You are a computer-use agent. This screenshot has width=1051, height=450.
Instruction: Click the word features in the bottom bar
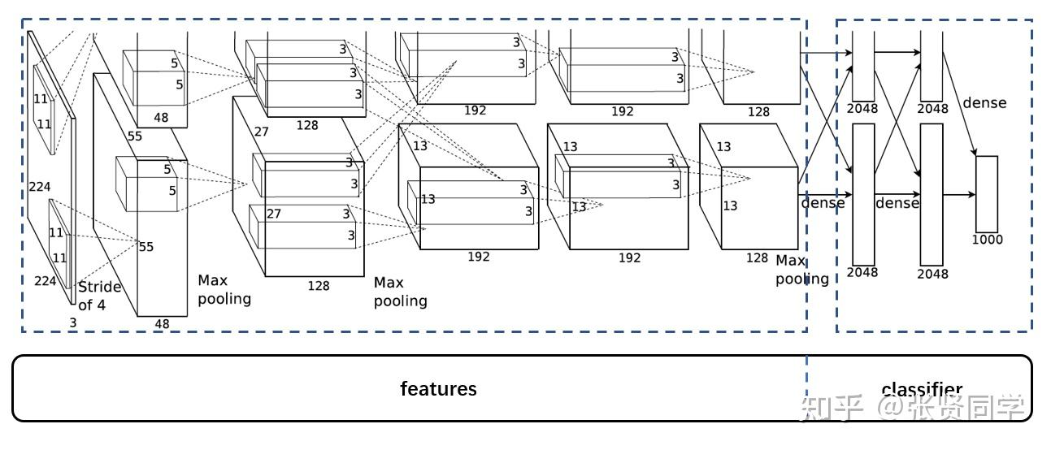tap(438, 389)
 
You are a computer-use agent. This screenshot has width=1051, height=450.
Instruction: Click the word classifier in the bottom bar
tap(922, 390)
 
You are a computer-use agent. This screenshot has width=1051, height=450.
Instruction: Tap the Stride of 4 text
tap(99, 296)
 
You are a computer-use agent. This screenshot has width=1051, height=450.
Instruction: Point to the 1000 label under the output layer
tap(987, 240)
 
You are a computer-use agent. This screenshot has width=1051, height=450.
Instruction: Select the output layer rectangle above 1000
tap(986, 193)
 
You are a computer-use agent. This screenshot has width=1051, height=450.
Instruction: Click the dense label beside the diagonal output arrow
tap(984, 103)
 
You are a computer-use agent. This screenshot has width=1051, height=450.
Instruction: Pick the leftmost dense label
tap(823, 203)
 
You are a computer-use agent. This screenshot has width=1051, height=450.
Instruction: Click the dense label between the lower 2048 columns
tap(897, 203)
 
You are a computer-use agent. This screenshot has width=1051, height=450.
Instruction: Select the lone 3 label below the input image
tap(72, 323)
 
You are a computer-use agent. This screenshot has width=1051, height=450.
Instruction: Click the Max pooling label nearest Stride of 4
tap(224, 290)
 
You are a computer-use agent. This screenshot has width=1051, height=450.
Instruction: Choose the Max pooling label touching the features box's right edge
tap(801, 270)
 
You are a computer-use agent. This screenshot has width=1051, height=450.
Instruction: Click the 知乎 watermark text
tap(831, 408)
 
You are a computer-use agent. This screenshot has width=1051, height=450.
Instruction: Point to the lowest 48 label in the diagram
tap(163, 324)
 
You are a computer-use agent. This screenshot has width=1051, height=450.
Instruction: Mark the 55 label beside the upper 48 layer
tap(134, 136)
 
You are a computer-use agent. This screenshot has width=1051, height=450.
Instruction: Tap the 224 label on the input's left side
tap(39, 186)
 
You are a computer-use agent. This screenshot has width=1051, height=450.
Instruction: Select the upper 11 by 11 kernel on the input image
tap(44, 109)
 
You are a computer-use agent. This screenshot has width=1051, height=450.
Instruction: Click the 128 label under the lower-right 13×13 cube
tap(757, 257)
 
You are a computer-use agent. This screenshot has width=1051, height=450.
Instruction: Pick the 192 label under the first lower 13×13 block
tap(478, 257)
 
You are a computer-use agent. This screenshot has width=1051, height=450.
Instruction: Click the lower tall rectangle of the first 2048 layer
tap(862, 193)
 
